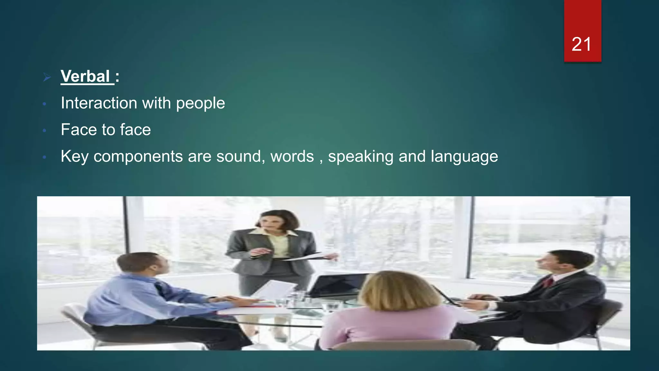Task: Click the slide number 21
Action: pos(581,44)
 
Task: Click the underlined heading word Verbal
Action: pos(86,77)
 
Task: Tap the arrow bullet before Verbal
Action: pos(47,77)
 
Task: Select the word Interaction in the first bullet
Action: pos(99,103)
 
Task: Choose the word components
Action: pos(138,157)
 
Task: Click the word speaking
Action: pos(361,157)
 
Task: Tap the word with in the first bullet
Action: pos(156,103)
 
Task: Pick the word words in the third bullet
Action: pos(292,157)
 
